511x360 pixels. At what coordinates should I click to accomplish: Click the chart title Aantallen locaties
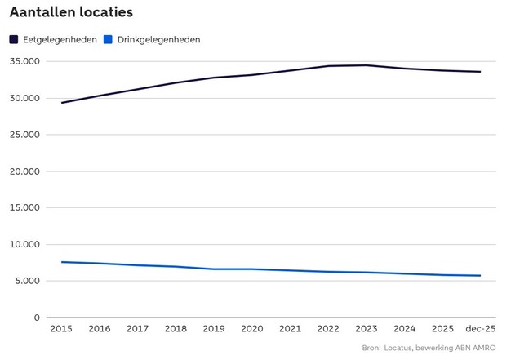[x=71, y=13]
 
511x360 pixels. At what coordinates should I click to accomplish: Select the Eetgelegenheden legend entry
[x=60, y=39]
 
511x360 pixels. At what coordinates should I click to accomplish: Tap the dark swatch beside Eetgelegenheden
[x=14, y=39]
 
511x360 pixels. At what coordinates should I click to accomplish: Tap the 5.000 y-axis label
[x=27, y=282]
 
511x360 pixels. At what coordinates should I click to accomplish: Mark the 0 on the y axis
[x=37, y=318]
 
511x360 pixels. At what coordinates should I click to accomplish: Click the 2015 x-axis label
[x=61, y=329]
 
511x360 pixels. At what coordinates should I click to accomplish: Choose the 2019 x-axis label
[x=214, y=329]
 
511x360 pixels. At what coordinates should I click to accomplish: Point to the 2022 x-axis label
[x=328, y=329]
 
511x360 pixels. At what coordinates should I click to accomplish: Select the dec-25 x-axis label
[x=480, y=329]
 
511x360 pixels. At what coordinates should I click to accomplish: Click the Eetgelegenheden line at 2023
[x=366, y=65]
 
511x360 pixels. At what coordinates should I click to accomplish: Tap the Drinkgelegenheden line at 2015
[x=61, y=262]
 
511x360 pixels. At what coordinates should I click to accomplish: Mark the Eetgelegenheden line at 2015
[x=61, y=103]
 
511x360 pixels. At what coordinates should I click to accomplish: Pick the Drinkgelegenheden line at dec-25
[x=480, y=276]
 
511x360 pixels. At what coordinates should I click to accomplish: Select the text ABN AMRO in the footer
[x=474, y=349]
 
